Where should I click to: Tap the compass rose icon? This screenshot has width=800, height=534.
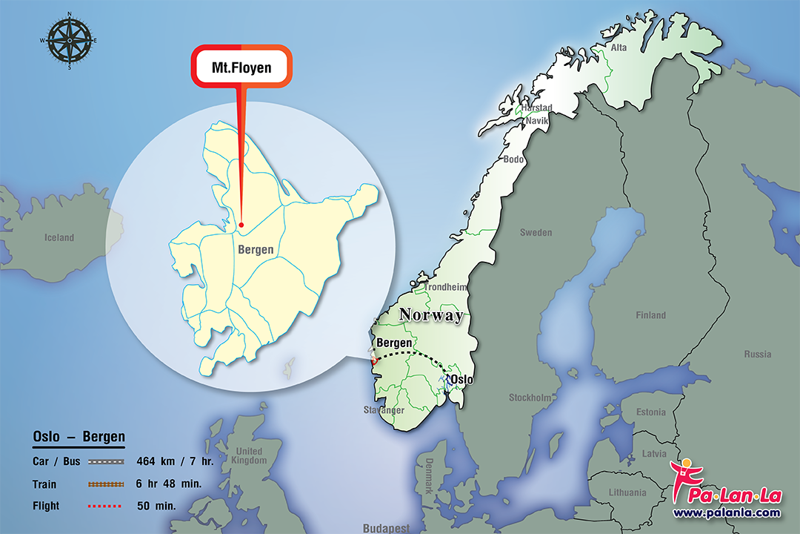click(70, 40)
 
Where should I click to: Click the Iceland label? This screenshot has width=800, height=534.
click(59, 237)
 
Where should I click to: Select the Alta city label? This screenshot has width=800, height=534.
click(618, 47)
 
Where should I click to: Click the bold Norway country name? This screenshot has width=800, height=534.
click(431, 314)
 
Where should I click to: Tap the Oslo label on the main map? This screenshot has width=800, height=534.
click(461, 380)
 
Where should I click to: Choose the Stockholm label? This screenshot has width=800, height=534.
click(530, 398)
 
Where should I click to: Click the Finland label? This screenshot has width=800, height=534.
click(650, 315)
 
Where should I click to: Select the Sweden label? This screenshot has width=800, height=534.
click(536, 232)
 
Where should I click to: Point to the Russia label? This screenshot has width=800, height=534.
click(757, 354)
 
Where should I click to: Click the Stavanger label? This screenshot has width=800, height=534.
click(384, 410)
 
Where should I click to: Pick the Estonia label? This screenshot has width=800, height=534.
click(651, 412)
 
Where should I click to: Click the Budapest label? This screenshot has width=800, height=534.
click(386, 528)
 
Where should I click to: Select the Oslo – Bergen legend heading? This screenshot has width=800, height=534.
click(79, 437)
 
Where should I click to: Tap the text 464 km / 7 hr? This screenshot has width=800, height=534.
click(175, 461)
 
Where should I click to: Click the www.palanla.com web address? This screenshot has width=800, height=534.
click(726, 512)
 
